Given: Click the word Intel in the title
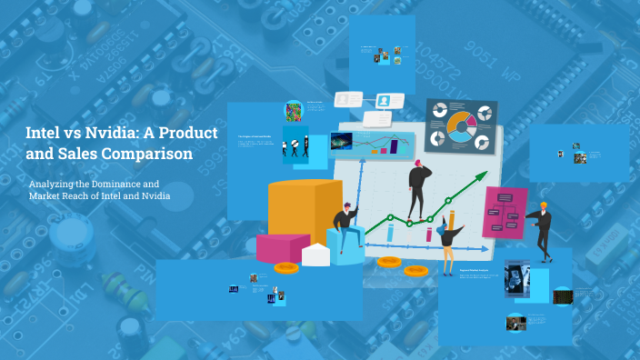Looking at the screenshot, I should click(41, 134).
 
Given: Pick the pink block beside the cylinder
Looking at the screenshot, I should click(283, 246).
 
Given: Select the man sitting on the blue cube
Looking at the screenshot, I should click(345, 228).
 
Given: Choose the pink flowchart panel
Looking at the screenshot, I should click(505, 212).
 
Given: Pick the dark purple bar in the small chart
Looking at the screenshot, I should click(395, 145).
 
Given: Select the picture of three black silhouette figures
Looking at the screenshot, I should click(299, 144).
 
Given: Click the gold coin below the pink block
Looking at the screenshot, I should click(286, 267).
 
